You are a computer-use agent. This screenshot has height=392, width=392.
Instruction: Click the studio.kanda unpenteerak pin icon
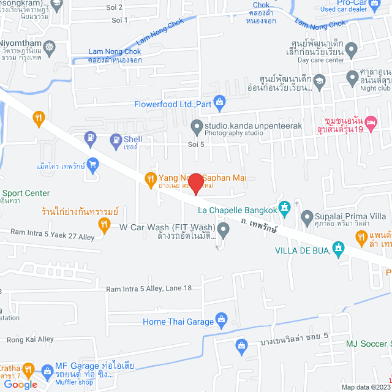pyautogui.click(x=197, y=127)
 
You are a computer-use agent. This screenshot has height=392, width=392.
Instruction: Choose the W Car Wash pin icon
pyautogui.click(x=224, y=230)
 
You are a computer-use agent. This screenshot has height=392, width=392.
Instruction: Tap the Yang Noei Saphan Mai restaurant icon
pyautogui.click(x=150, y=179)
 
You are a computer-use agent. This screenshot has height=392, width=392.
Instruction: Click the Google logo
pyautogui.click(x=20, y=384)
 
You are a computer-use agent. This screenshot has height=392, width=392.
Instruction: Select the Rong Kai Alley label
pyautogui.click(x=29, y=339)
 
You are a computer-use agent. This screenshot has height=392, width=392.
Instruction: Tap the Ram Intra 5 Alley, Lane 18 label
pyautogui.click(x=149, y=288)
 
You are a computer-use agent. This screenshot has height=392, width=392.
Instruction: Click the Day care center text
pyautogui.click(x=321, y=60)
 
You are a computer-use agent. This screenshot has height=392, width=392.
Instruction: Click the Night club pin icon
pyautogui.click(x=352, y=78)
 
